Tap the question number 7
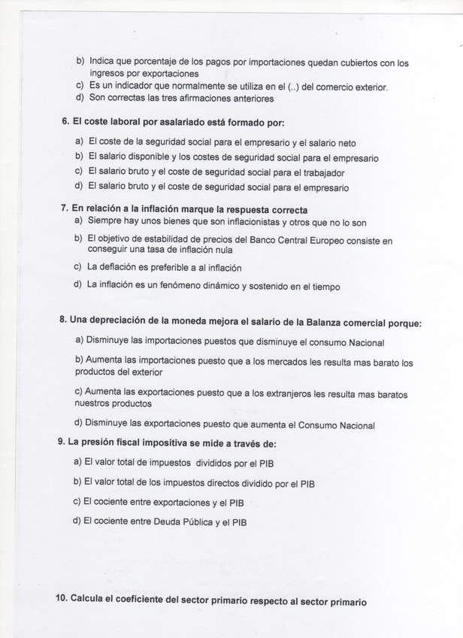click(65, 210)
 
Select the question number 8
click(62, 320)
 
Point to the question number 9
click(61, 442)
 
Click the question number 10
click(61, 599)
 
